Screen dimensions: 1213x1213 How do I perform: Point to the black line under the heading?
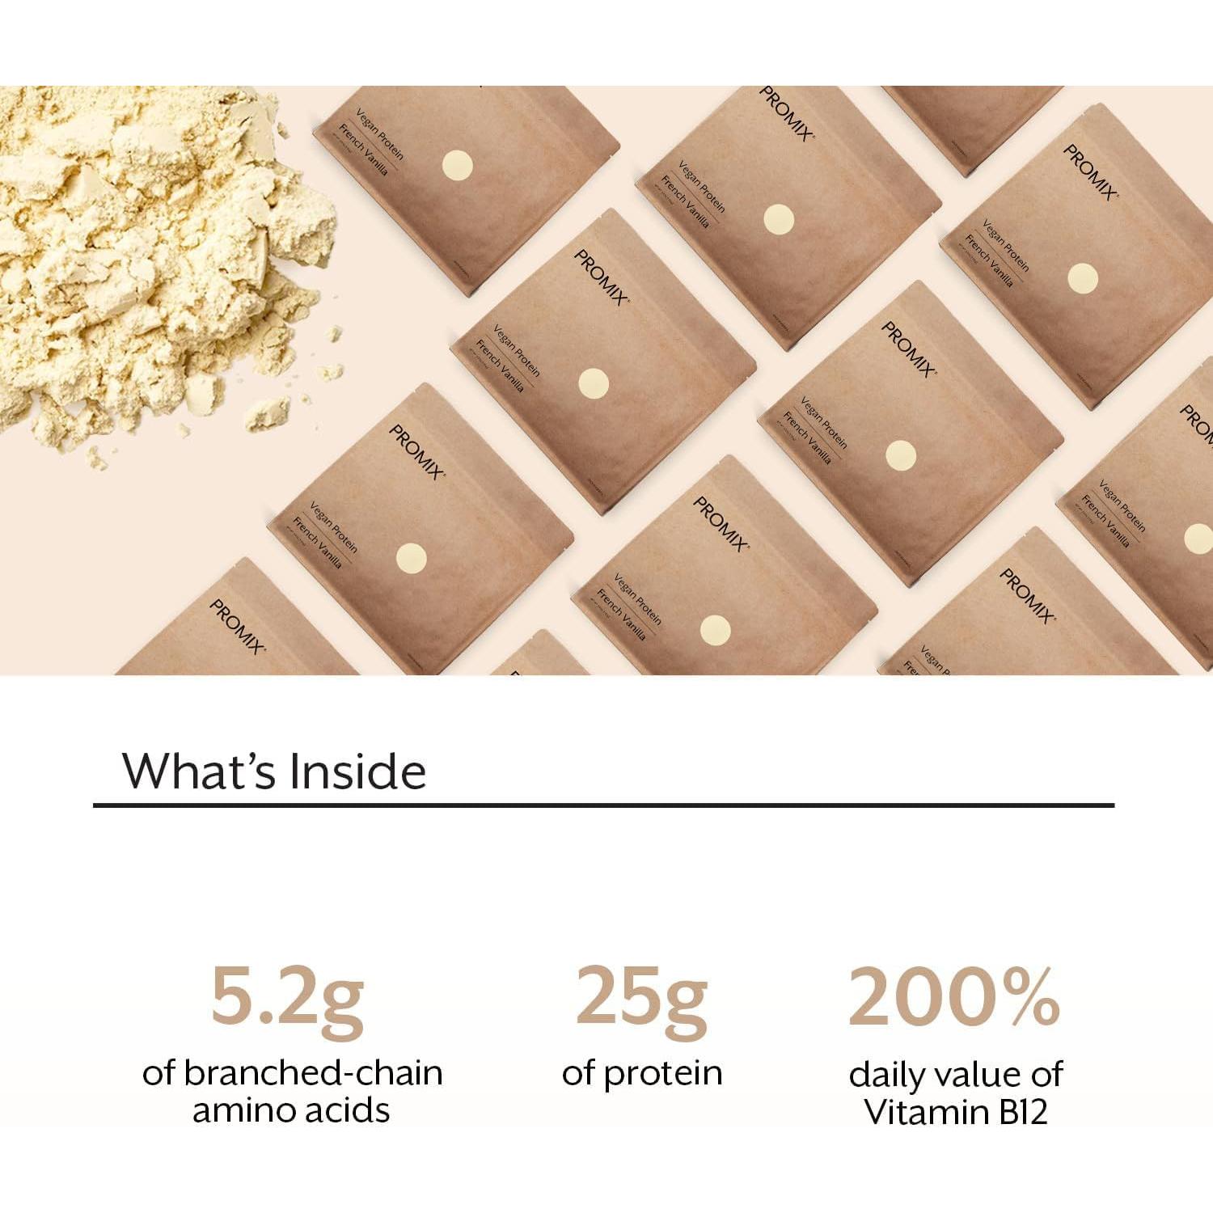pyautogui.click(x=603, y=805)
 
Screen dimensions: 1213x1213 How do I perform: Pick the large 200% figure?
pyautogui.click(x=954, y=997)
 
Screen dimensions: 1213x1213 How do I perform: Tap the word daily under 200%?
pyautogui.click(x=886, y=1076)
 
